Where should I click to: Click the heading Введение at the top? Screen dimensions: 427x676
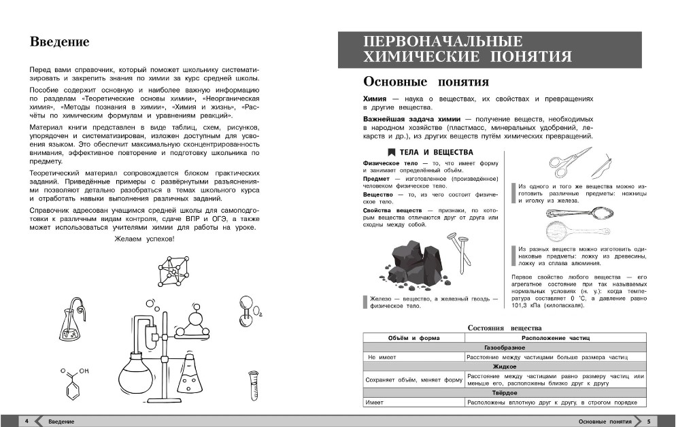(60, 42)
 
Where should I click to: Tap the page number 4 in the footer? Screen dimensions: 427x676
(26, 422)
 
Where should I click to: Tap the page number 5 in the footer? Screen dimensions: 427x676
(649, 422)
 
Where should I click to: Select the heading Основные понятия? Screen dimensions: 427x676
(426, 82)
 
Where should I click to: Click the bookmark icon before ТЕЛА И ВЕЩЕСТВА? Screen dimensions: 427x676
(391, 152)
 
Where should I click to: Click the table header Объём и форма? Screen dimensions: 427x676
(413, 338)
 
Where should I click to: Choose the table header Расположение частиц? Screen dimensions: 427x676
(556, 338)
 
